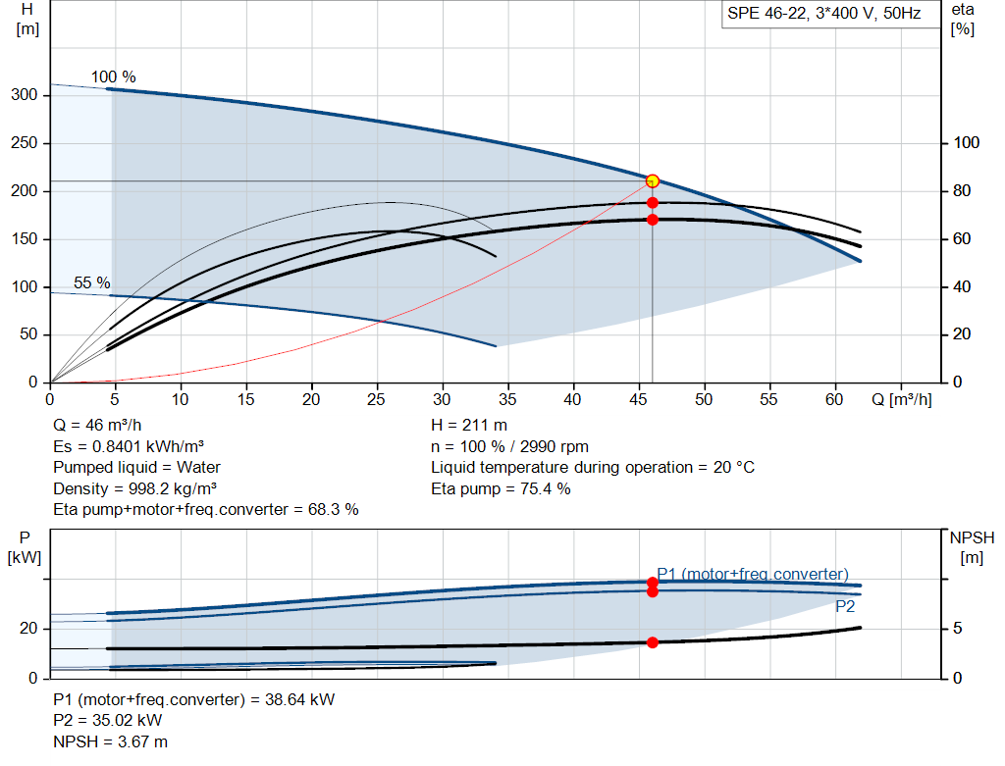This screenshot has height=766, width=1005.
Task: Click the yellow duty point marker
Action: pos(653,181)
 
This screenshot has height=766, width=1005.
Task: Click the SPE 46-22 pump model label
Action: pos(823,14)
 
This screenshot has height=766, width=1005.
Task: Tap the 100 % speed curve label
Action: pos(114,77)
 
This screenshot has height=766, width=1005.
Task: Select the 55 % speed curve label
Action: pos(91,282)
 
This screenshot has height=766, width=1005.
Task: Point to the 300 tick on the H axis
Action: pos(25,95)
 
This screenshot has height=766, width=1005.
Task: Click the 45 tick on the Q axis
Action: pos(638,399)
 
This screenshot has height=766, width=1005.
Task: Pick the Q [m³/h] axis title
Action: pos(902,399)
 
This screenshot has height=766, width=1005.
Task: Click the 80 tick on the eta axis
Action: pos(962,191)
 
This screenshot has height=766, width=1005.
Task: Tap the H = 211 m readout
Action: pos(469,426)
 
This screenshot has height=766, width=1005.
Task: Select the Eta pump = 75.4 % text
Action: pos(501,488)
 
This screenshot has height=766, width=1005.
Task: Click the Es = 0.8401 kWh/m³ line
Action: pos(129,446)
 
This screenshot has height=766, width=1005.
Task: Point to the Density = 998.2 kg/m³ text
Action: pos(134,488)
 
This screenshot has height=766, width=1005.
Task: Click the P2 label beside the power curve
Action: pos(845,606)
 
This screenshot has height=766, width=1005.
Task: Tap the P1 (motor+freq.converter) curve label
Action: pos(753,574)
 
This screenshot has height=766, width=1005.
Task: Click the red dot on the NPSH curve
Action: pos(653,642)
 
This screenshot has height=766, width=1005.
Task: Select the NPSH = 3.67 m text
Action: pos(110,741)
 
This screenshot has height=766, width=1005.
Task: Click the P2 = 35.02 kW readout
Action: pos(108,721)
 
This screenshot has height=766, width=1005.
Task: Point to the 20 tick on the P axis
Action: pos(28,629)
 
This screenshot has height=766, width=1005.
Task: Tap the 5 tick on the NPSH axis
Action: pos(958,629)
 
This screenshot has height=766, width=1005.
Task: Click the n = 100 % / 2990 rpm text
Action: pos(509,446)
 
